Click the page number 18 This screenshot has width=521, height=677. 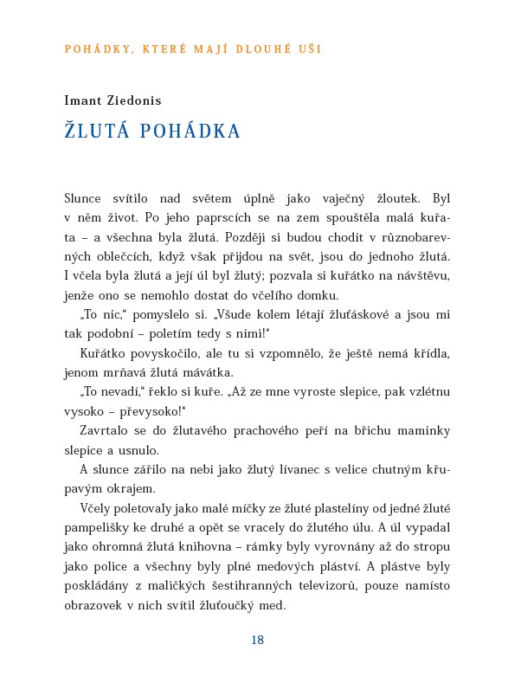pos(257,641)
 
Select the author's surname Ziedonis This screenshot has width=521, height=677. pos(133,100)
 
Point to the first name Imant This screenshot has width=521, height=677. pos(83,100)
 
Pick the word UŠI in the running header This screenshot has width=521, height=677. pos(310,49)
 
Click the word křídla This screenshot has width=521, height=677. pos(430,353)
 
